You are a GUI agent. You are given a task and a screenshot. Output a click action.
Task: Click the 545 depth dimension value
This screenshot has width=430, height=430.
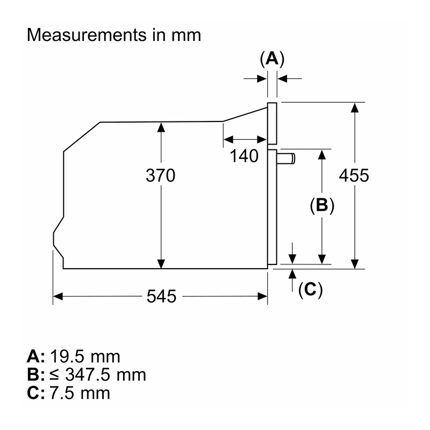pos(161,296)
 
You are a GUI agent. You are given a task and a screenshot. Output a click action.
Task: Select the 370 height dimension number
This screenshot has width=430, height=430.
pos(160,176)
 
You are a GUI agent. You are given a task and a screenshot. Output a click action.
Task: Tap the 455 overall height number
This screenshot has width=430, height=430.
pos(354,176)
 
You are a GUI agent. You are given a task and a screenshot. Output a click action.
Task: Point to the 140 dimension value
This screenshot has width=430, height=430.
pos(244,156)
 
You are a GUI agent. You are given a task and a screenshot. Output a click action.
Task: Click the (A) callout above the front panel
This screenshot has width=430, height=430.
pos(272,59)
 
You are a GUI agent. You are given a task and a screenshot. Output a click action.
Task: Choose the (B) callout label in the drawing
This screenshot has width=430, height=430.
pos(322,205)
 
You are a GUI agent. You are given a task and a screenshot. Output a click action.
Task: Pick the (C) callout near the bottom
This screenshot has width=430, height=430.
pos(311,289)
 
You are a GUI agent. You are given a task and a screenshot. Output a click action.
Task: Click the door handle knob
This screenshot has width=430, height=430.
pos(286,159)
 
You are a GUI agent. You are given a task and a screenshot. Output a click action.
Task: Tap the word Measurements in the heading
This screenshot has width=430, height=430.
pos(87,35)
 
